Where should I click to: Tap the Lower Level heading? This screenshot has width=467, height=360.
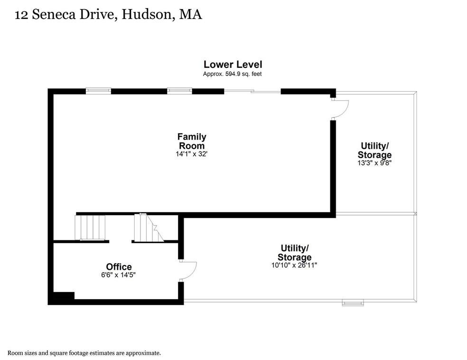tap(233, 64)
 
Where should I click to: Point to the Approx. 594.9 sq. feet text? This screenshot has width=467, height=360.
tap(233, 74)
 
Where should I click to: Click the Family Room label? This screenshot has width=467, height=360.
tap(192, 142)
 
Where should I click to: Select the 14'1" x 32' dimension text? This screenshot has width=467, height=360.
tap(192, 154)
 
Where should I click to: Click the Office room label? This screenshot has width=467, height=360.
tap(119, 267)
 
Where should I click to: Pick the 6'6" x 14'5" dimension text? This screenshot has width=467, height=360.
tap(119, 275)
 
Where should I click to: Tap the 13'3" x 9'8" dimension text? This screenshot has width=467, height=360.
tap(374, 162)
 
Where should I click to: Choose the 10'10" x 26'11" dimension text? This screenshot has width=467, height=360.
tap(295, 265)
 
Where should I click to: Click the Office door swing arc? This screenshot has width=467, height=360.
tap(189, 271)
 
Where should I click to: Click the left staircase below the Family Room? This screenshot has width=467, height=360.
tap(90, 227)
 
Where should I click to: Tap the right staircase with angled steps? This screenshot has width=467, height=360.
tap(149, 227)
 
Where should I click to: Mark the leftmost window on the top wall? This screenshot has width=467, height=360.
tap(98, 91)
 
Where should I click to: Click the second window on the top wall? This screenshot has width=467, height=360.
tap(179, 91)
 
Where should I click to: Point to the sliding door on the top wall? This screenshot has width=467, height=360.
tap(252, 91)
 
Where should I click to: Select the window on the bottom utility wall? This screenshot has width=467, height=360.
tap(353, 302)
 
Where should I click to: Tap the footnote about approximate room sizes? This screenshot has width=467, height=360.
tap(84, 353)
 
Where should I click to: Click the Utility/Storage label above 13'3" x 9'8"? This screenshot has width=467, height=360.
tap(374, 150)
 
